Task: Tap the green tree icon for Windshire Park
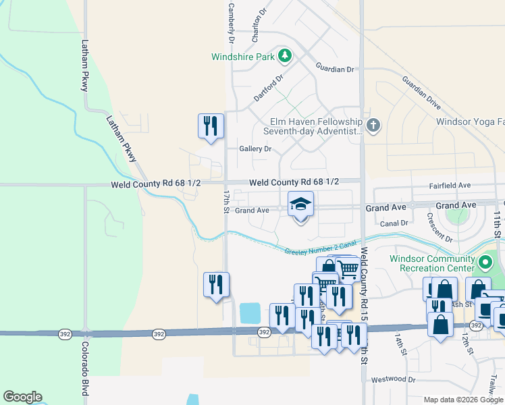[285, 55]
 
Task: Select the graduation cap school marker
[301, 205]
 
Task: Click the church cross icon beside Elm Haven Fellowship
[373, 125]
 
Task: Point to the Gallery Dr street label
[255, 148]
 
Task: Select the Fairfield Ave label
[450, 185]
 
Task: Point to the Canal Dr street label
[394, 223]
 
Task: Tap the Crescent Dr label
[440, 227]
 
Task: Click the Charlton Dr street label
[259, 24]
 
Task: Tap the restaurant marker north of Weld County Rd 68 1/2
[211, 126]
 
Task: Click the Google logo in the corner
[22, 397]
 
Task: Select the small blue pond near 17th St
[249, 313]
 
